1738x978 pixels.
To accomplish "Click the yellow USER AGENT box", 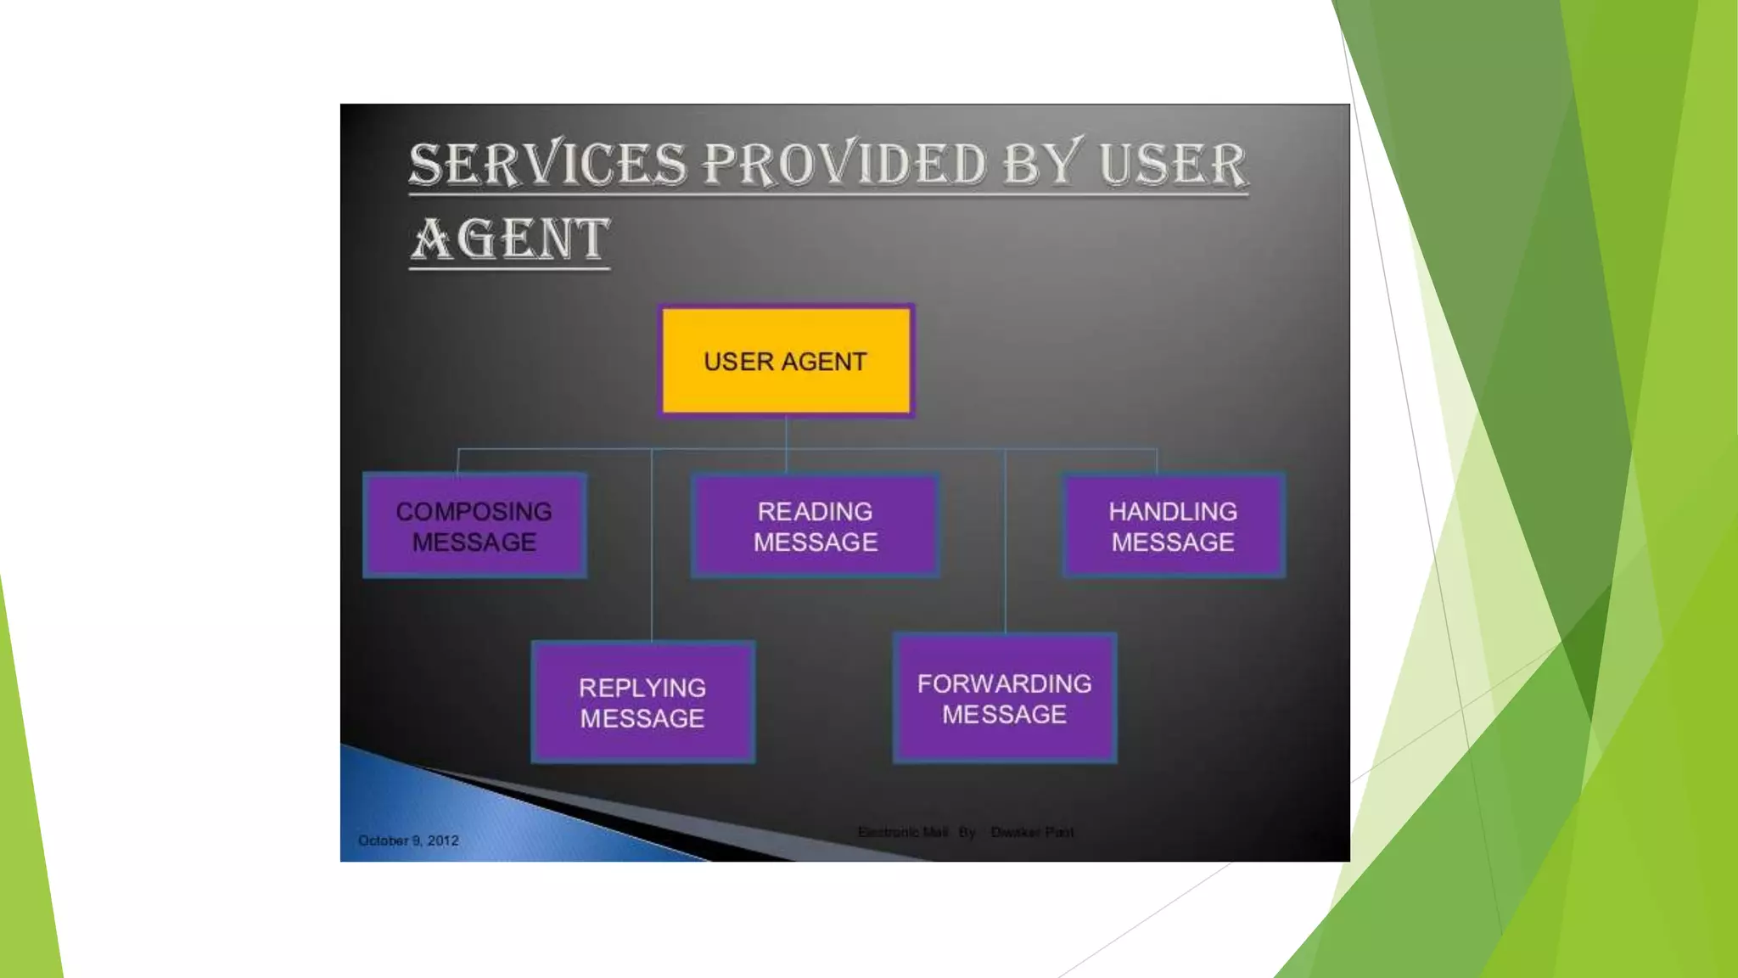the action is tap(786, 361).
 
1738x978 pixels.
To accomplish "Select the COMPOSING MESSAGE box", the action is tap(474, 526).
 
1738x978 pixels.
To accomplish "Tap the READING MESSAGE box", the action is tap(815, 526).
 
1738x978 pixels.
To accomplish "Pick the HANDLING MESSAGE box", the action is tap(1173, 526).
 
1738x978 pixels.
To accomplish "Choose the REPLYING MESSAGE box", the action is tap(642, 702).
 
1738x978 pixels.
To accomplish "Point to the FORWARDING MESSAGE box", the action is tap(1004, 698).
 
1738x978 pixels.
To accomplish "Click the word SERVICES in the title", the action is tap(547, 164).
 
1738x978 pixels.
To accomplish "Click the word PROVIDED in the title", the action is tap(844, 164).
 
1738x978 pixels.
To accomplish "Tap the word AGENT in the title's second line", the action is tap(510, 239).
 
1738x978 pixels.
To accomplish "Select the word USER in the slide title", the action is tap(1173, 164).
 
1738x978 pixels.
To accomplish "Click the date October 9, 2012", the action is tap(408, 840).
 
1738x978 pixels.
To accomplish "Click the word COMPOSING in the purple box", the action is tap(474, 511).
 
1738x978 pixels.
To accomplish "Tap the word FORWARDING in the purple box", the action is tap(1004, 683).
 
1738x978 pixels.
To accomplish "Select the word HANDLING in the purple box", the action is tap(1173, 511).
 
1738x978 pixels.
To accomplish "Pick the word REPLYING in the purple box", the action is tap(642, 688).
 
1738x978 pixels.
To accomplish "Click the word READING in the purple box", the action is tap(815, 511).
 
